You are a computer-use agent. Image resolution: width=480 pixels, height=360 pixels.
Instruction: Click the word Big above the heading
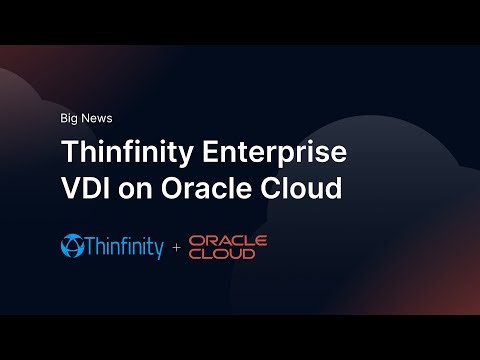pos(70,118)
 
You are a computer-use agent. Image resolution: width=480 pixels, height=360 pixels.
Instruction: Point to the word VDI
pos(84,188)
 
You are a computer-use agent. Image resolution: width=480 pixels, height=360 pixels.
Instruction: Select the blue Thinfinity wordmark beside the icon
pos(125,246)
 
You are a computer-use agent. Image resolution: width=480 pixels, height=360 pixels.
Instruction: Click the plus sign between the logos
pos(176,247)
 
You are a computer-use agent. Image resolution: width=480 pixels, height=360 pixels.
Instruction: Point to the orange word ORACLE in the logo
pos(227,240)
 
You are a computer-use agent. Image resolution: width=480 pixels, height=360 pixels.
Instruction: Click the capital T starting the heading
pos(70,153)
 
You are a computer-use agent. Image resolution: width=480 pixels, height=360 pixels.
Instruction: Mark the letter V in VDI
pos(71,188)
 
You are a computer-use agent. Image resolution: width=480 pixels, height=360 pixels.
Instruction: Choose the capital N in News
pos(88,118)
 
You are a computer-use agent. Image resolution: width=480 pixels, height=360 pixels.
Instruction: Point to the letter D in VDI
pos(89,188)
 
